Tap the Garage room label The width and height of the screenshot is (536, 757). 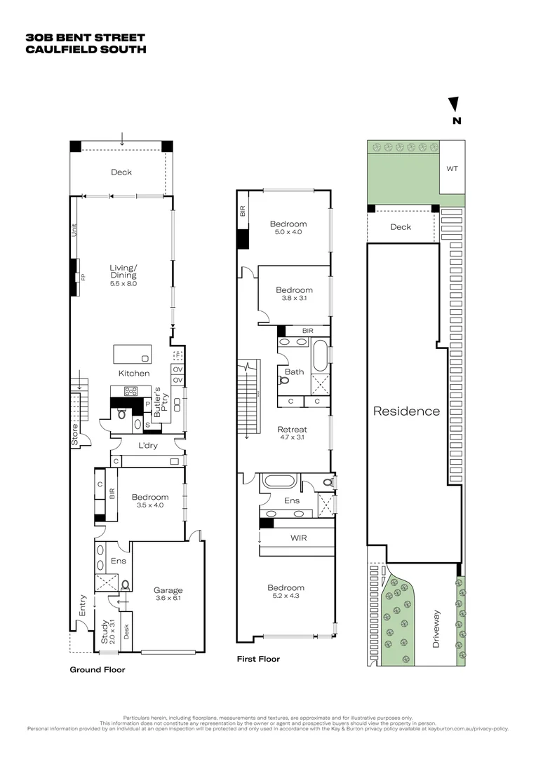[168, 590]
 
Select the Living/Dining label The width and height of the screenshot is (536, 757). [123, 271]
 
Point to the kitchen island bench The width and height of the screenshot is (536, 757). [133, 353]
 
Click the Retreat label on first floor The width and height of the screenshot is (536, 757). [293, 429]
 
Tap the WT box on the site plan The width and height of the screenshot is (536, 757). [452, 168]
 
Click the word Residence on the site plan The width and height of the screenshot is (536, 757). [406, 411]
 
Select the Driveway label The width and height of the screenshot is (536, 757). [436, 629]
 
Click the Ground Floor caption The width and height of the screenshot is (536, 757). [98, 669]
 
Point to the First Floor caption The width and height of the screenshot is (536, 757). [259, 659]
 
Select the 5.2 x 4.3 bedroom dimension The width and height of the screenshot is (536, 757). [286, 596]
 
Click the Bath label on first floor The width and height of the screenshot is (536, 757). [295, 371]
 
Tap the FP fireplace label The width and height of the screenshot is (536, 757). [83, 278]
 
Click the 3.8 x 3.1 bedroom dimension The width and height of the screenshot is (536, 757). [294, 298]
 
